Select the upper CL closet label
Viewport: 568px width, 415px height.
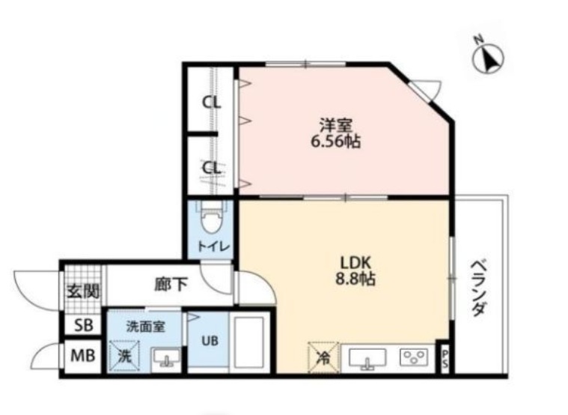(x=213, y=103)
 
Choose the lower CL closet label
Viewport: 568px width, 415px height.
(x=213, y=168)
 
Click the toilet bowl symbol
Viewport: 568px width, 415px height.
(x=211, y=219)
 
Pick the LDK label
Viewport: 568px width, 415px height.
(x=356, y=264)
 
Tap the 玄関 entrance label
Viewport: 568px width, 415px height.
(x=82, y=291)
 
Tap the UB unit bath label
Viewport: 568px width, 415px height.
(x=210, y=339)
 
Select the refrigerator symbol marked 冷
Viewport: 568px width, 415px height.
(x=323, y=357)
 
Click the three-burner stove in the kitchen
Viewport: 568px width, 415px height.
(x=413, y=357)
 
